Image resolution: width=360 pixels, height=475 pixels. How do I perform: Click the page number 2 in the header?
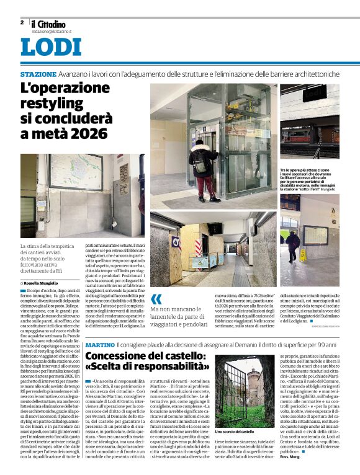(22, 22)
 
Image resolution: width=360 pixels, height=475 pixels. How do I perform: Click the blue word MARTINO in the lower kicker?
(99, 344)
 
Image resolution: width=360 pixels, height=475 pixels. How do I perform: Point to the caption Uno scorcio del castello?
(235, 431)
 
